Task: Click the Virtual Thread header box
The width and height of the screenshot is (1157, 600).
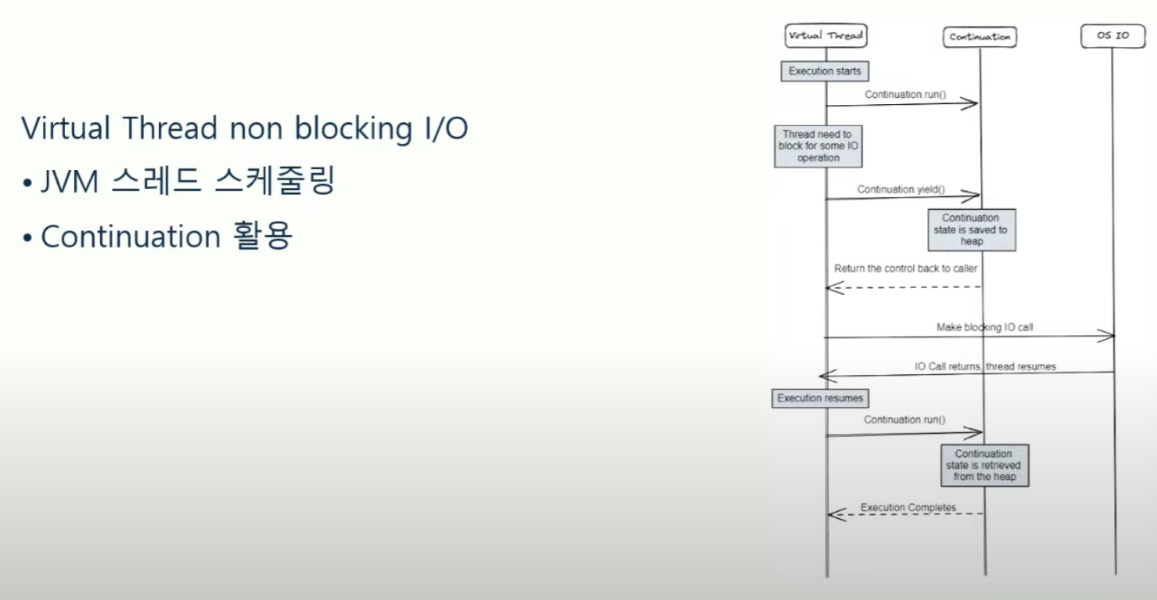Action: coord(825,35)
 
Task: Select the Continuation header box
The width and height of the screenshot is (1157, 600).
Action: coord(980,37)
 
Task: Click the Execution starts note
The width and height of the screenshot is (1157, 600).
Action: coord(825,72)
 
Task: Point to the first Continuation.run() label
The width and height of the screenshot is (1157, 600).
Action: coord(905,95)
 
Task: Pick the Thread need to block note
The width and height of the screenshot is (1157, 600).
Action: coord(818,146)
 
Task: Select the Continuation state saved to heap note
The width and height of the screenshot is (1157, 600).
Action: coord(971,230)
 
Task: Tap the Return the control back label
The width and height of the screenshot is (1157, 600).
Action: coord(905,269)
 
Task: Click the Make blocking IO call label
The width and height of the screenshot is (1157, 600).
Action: coord(985,327)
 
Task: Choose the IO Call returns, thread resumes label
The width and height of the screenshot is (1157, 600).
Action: coord(985,366)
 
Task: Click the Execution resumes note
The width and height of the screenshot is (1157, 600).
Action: coord(820,398)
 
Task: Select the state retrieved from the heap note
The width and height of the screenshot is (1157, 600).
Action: coord(985,466)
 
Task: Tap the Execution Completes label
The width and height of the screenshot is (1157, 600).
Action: coord(907,507)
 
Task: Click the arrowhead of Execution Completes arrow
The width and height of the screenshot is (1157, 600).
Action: coord(833,514)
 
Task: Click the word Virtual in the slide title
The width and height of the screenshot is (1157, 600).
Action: coord(67,128)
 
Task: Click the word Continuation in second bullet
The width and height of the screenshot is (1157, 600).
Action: coord(130,236)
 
